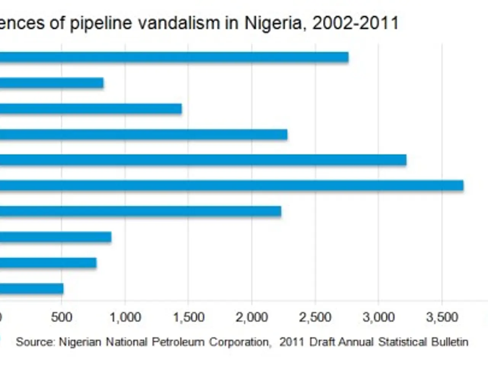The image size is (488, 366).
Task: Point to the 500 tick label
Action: [x=61, y=317]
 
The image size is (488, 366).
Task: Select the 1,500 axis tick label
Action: [x=188, y=317]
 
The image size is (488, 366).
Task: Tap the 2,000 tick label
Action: [x=252, y=317]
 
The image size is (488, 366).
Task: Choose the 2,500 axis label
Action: [x=315, y=317]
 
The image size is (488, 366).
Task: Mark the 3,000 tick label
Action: [x=379, y=317]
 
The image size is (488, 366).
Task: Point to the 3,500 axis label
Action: [x=442, y=317]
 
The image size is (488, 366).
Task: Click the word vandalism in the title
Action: [x=178, y=24]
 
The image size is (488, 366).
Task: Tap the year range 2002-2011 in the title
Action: [x=355, y=24]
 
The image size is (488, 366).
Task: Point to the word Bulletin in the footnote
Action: [x=449, y=342]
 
